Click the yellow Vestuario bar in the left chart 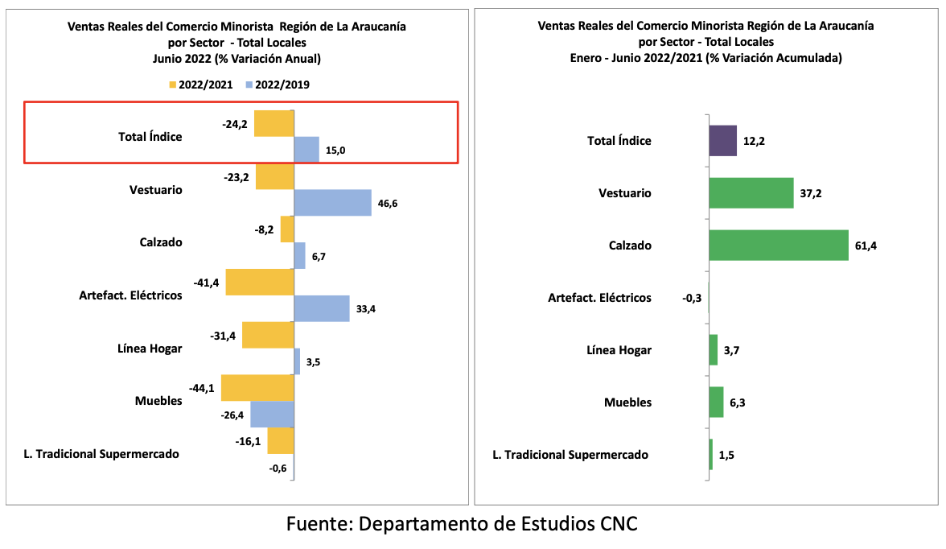(274, 176)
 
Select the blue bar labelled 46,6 (332, 203)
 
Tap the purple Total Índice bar (722, 140)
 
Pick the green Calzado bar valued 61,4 (778, 245)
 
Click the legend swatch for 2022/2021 (172, 85)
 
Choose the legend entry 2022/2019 (278, 85)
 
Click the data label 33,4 (367, 309)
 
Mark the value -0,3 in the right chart (690, 298)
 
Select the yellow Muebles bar (257, 388)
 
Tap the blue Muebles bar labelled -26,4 (272, 415)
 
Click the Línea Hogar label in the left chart (150, 349)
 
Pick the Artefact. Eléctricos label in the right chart (599, 298)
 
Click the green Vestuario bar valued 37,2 (751, 193)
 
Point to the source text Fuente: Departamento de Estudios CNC (462, 524)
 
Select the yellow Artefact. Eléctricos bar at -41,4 (259, 283)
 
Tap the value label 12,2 (754, 141)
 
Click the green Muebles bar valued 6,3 (716, 402)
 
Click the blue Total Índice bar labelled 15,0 (306, 150)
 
